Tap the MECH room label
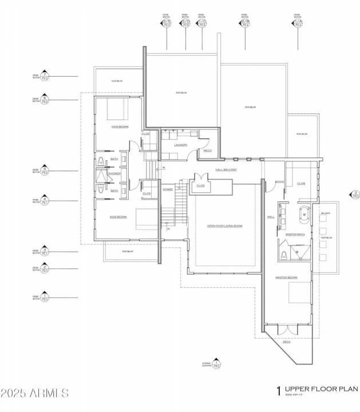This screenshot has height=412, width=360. pos(207,151)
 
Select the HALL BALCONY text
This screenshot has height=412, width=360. pos(226,170)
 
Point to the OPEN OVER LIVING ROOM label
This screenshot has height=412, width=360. pos(224,226)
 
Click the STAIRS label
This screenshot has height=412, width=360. pos(168,189)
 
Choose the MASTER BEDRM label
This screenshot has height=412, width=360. pos(286,278)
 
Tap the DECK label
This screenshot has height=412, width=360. pos(286,342)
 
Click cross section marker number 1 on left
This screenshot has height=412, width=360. pos(44,297)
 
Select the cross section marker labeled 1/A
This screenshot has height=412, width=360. pos(297,23)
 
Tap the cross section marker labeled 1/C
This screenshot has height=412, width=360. pos(201,23)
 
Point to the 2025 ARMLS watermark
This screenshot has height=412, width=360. pos(34,393)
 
